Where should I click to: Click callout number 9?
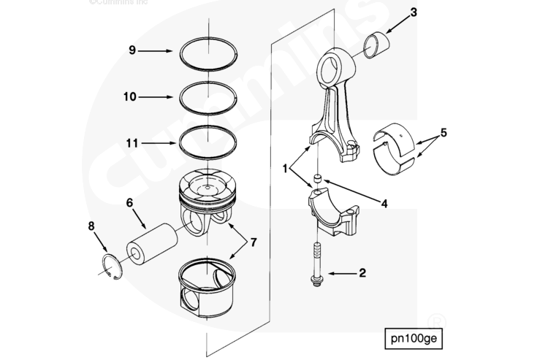(132, 50)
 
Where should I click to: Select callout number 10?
(130, 96)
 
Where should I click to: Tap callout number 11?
(130, 144)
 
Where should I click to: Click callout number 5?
(443, 134)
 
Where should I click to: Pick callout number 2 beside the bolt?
(362, 275)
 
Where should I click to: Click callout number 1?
(286, 169)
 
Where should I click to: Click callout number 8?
(92, 226)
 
